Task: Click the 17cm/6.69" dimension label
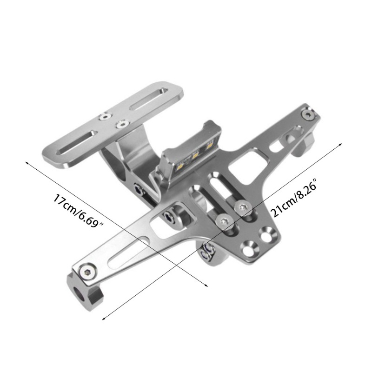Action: coord(78,211)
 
